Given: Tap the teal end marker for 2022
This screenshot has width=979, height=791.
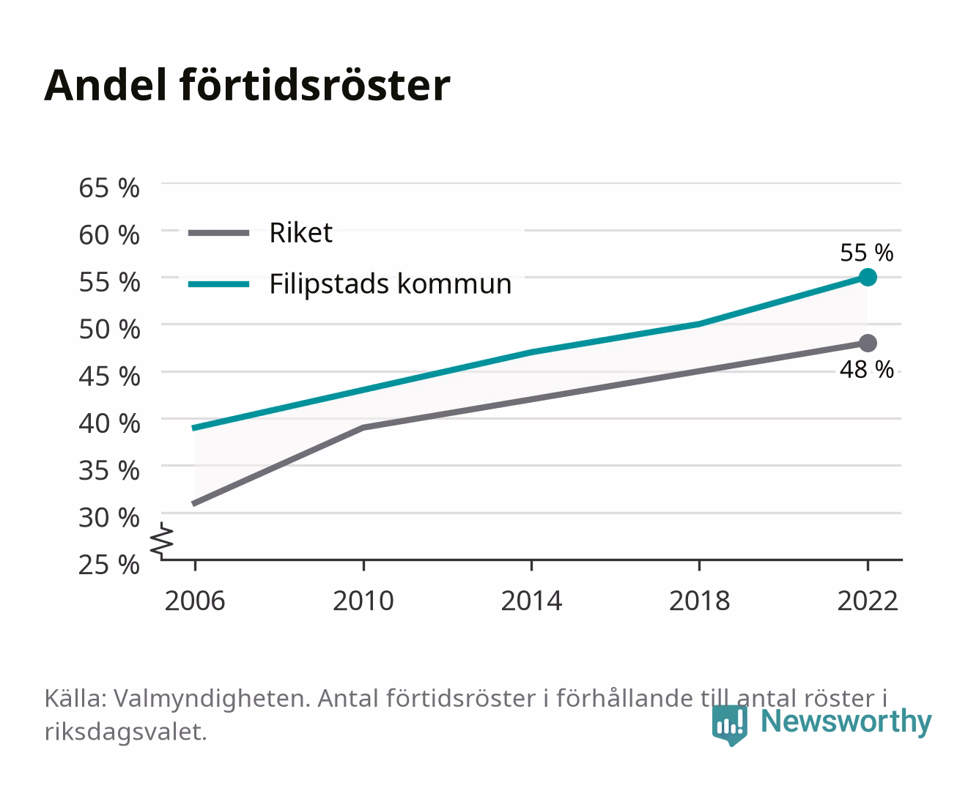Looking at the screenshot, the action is (868, 277).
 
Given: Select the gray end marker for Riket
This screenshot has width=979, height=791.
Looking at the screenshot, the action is (868, 343).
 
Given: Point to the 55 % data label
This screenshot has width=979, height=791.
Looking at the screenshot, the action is (867, 253).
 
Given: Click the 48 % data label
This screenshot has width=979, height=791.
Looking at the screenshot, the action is (867, 369).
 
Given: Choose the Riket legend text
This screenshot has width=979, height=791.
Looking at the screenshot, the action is (300, 232).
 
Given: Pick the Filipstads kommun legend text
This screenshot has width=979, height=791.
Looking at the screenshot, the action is (391, 283).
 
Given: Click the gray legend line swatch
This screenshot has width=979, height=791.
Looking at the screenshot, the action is (219, 233).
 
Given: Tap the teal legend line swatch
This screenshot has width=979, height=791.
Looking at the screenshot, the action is (219, 284).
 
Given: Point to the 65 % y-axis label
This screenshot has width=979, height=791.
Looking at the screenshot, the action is (109, 188).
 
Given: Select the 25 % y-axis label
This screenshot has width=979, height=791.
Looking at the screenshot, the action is (109, 565).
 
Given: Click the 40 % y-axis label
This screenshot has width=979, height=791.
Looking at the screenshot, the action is (109, 423).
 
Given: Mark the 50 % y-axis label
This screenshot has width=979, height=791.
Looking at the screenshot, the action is (109, 329).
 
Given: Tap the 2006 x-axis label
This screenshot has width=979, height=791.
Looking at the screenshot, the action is (195, 601).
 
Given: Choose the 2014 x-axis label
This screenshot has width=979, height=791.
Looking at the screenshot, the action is (531, 601).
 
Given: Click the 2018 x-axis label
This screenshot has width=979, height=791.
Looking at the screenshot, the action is (699, 601).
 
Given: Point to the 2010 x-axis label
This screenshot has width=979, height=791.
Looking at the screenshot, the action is (363, 601).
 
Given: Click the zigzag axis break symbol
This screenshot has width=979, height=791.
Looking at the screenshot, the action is (162, 541).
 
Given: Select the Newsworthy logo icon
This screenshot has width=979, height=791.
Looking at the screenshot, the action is (729, 725).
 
